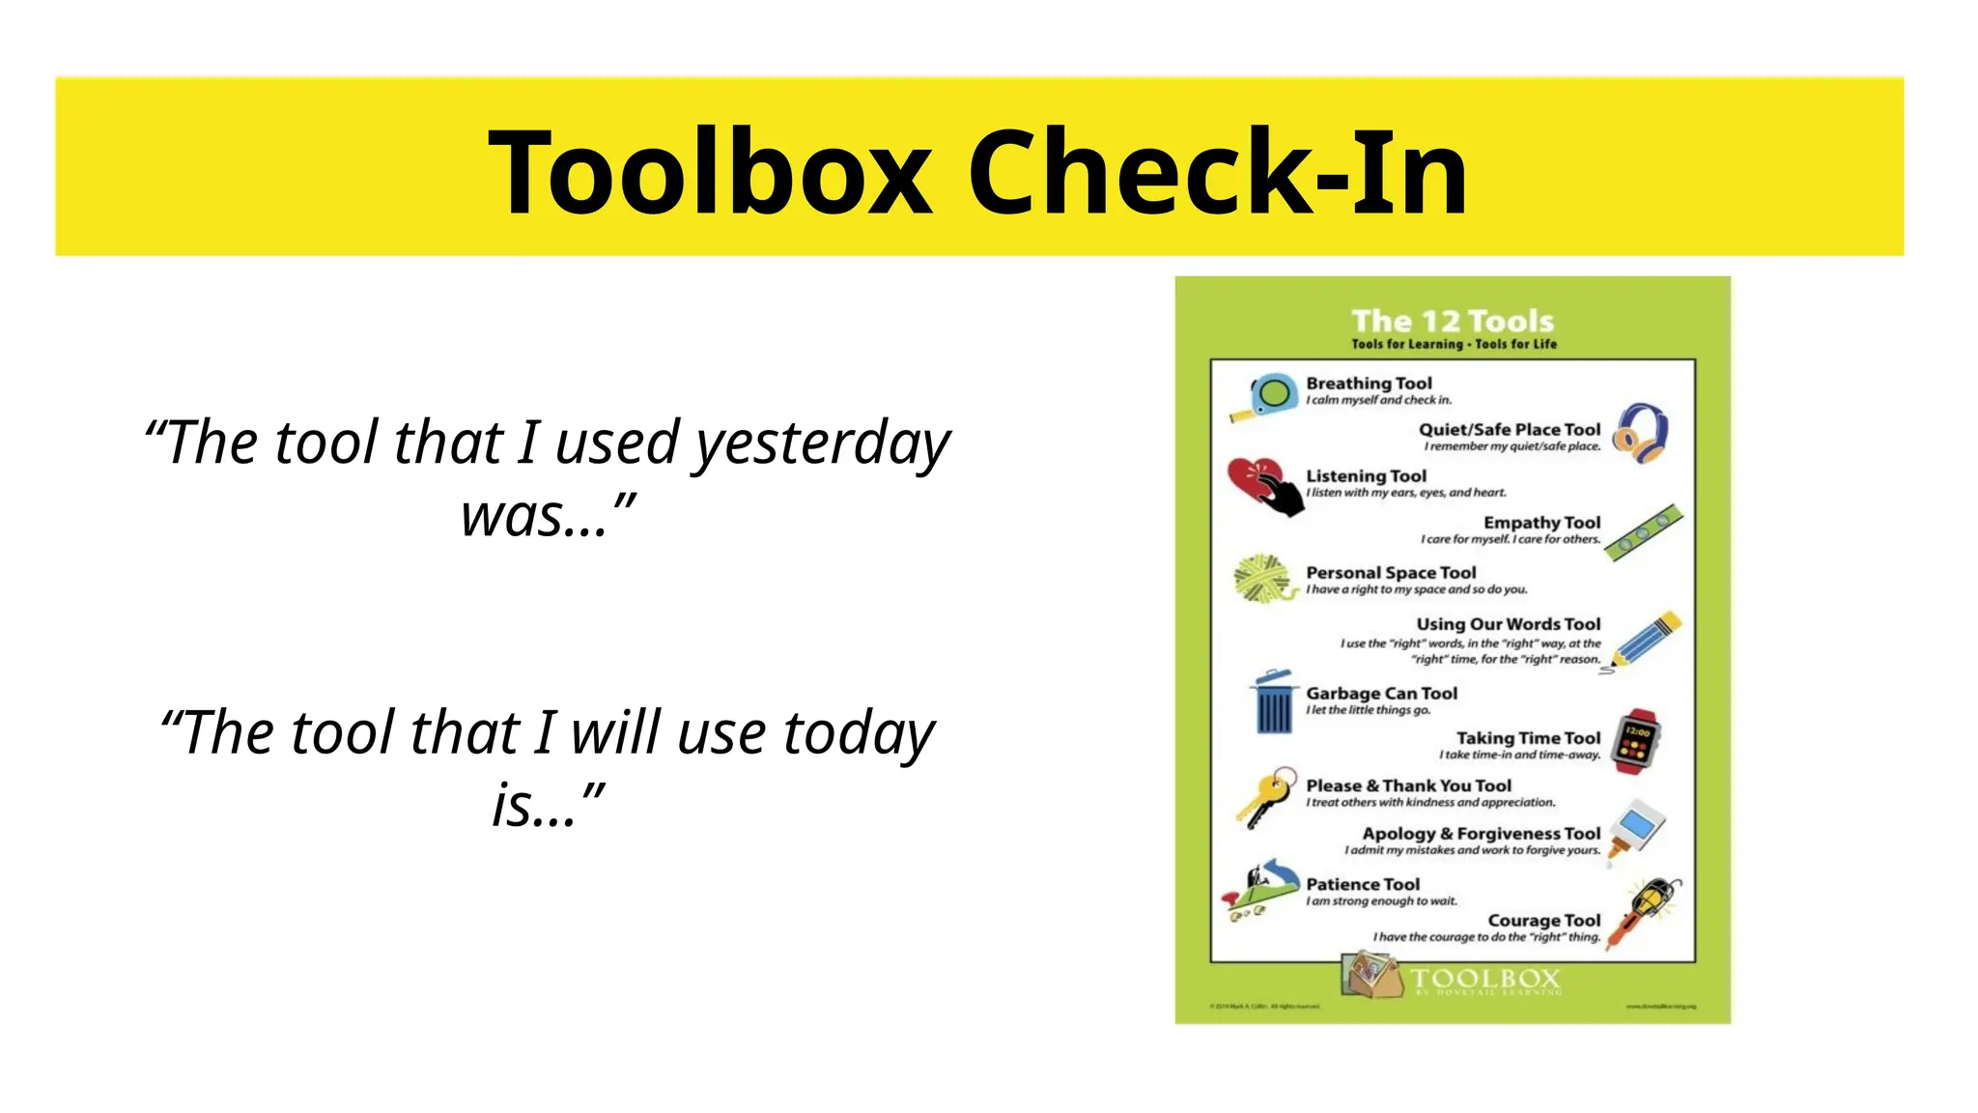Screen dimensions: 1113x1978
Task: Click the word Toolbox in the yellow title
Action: point(710,174)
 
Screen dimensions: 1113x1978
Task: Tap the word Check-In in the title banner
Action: point(1217,174)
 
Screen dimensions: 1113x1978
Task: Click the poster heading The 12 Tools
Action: point(1453,321)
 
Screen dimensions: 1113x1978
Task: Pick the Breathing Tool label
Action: point(1369,384)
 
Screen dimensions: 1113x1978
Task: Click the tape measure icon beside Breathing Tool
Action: point(1266,396)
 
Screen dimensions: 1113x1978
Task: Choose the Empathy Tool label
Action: point(1541,523)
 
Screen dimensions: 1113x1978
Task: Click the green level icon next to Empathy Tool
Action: point(1644,531)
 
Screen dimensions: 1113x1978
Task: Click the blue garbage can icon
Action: point(1273,703)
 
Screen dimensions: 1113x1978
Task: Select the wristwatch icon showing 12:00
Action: point(1639,743)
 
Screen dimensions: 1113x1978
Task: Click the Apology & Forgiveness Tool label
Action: point(1481,834)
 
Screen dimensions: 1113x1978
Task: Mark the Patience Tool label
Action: point(1363,885)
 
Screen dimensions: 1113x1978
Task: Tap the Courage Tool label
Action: point(1543,921)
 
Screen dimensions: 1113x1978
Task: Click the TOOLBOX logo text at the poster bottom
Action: point(1484,978)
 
